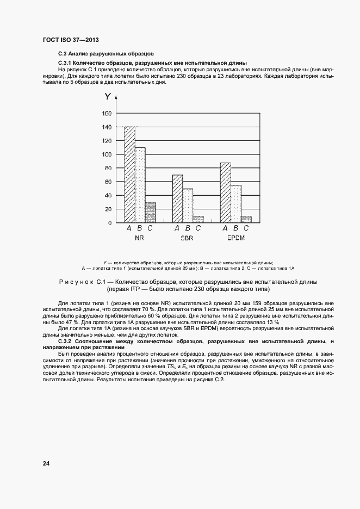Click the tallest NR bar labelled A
coord(129,175)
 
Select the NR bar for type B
coord(140,185)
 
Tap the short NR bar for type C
coord(150,213)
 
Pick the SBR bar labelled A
coord(177,199)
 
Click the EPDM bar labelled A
coord(225,193)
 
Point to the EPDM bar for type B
coord(235,204)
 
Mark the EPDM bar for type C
coord(246,219)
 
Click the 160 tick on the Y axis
coord(106,114)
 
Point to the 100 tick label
coord(106,154)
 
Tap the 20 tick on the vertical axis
coord(108,209)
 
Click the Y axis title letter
coord(108,97)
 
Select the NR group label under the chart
coord(139,239)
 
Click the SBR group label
coord(188,239)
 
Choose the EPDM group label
coord(235,239)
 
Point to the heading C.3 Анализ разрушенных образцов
coord(106,54)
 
